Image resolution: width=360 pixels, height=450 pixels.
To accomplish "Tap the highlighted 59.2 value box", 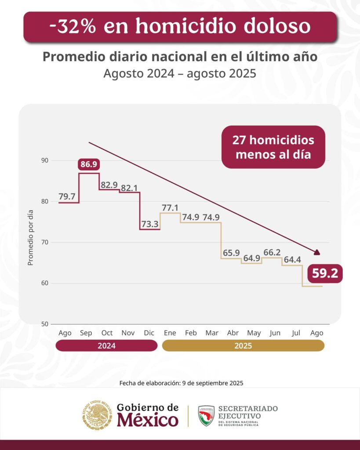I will click(x=325, y=273).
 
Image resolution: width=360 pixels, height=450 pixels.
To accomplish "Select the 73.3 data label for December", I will click(x=150, y=224).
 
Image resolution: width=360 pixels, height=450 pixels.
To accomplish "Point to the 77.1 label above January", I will click(x=171, y=207).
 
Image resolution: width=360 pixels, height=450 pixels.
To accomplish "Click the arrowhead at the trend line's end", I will click(x=317, y=252).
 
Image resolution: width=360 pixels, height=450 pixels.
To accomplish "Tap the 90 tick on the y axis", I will click(x=44, y=160).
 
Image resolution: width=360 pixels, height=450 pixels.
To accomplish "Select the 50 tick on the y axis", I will click(x=44, y=324).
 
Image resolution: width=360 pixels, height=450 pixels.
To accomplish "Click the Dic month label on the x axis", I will click(x=149, y=333).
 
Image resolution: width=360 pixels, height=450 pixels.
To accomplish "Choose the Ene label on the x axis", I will click(x=170, y=333).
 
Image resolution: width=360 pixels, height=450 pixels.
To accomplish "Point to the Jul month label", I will click(x=296, y=333).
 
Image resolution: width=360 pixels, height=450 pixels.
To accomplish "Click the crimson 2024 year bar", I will click(x=106, y=346).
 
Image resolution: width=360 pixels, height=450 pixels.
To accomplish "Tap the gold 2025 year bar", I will click(x=243, y=346).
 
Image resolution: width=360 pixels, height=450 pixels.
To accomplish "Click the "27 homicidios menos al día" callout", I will click(x=273, y=147).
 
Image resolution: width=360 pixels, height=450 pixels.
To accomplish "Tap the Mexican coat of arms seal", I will click(x=97, y=415).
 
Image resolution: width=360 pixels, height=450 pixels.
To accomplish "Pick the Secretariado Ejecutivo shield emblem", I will click(x=206, y=415).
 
